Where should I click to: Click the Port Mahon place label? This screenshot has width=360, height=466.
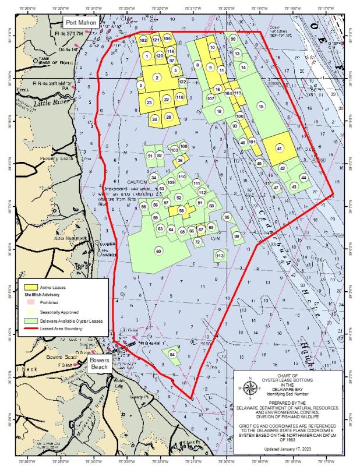pyautogui.click(x=80, y=22)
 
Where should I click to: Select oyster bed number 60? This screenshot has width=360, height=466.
pyautogui.click(x=158, y=251)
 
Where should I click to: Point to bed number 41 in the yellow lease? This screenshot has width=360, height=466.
pyautogui.click(x=279, y=149)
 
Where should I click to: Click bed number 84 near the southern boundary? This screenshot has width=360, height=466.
pyautogui.click(x=172, y=354)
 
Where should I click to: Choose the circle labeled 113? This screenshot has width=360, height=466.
pyautogui.click(x=220, y=255)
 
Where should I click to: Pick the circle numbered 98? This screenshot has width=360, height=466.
pyautogui.click(x=237, y=236)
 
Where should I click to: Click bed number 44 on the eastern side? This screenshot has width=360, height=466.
pyautogui.click(x=303, y=176)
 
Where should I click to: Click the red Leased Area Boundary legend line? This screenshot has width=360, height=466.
pyautogui.click(x=30, y=329)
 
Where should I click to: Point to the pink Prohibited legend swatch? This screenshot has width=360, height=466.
pyautogui.click(x=30, y=303)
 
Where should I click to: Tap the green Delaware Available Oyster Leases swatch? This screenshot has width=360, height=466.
pyautogui.click(x=30, y=320)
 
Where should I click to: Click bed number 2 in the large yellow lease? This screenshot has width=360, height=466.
pyautogui.click(x=156, y=77)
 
